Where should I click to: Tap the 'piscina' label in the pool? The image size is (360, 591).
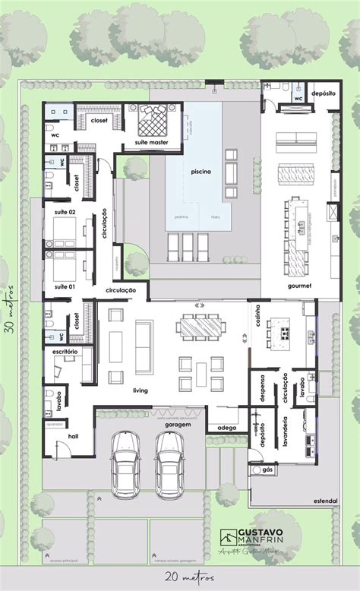201,172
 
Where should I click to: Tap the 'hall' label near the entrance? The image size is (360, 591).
74,437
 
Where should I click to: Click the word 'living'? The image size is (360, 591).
140,391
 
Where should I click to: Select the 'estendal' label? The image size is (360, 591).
324,501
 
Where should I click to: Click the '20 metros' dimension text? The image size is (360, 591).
178,577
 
